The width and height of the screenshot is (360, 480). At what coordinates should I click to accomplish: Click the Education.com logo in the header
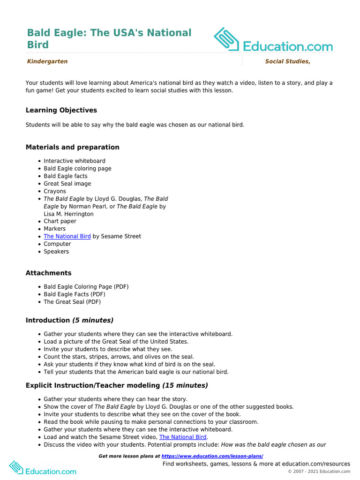(x=273, y=40)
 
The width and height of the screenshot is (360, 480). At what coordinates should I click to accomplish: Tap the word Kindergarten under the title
(x=47, y=61)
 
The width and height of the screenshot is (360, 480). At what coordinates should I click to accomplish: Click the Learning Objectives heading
(x=61, y=110)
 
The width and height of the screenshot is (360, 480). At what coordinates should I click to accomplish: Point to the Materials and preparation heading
(x=72, y=147)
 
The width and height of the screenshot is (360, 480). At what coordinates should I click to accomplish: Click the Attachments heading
(x=48, y=273)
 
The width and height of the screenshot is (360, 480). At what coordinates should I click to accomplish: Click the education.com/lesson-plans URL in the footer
(x=212, y=456)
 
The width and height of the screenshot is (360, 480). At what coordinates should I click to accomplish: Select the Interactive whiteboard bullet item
(x=75, y=161)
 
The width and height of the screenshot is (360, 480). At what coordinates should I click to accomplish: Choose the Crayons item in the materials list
(x=55, y=191)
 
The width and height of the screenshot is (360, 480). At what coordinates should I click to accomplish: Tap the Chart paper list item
(x=60, y=221)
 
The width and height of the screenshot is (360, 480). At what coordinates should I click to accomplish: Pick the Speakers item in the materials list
(x=56, y=251)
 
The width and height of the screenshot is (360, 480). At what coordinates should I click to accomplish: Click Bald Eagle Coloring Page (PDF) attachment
(x=86, y=286)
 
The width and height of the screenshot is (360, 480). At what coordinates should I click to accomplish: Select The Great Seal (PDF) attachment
(x=72, y=302)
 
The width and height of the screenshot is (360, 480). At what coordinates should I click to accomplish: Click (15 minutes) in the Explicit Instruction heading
(x=185, y=385)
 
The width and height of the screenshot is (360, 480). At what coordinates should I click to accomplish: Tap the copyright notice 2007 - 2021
(x=319, y=472)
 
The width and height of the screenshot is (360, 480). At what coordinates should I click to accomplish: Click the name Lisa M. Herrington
(x=68, y=214)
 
